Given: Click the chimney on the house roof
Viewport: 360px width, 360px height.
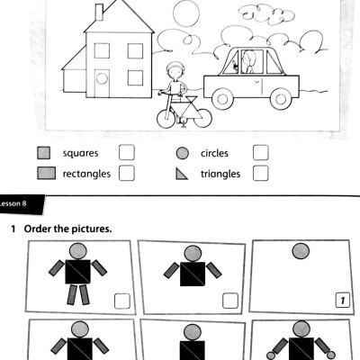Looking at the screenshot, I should click(x=99, y=12).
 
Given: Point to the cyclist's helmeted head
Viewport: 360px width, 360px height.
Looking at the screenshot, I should click(x=175, y=70).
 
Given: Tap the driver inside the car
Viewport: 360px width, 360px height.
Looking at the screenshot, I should click(x=249, y=63).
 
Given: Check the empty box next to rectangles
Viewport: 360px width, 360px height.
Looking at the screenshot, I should click(x=127, y=172).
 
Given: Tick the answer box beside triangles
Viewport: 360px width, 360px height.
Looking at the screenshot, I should click(x=261, y=172).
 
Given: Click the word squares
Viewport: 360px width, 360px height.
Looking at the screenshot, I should click(x=81, y=153).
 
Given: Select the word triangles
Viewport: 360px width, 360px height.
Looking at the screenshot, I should click(x=220, y=173).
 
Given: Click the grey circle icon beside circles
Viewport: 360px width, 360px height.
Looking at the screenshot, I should click(x=182, y=154).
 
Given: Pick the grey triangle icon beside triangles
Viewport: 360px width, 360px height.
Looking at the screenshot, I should click(x=182, y=173).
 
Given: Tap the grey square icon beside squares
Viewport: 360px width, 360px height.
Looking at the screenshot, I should click(x=43, y=154).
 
